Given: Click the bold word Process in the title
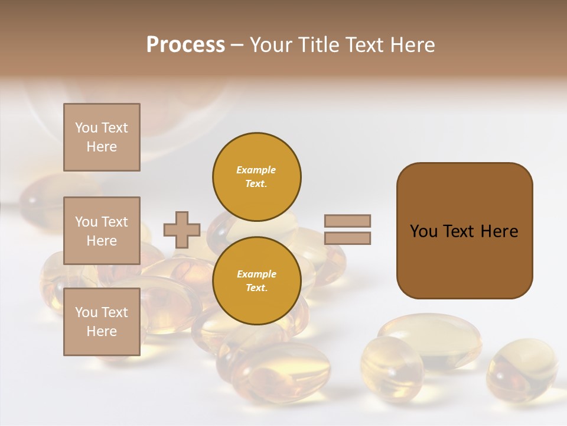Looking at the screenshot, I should (x=185, y=45).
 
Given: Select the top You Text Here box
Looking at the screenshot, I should (x=102, y=137).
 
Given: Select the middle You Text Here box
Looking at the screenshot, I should (x=102, y=231).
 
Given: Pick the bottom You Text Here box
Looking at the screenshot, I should (x=102, y=322).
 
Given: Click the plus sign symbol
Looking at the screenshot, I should (x=182, y=230).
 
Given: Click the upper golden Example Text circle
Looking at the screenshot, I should (x=257, y=176).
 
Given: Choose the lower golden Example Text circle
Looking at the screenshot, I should (x=257, y=280).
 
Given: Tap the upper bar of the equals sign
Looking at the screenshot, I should (x=347, y=221).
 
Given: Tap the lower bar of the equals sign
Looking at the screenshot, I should (x=347, y=238).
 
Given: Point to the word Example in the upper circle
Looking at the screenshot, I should (x=256, y=170).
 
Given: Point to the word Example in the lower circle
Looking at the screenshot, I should (x=256, y=274).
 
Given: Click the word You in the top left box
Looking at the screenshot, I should (x=86, y=128).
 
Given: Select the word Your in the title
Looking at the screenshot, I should (x=272, y=45).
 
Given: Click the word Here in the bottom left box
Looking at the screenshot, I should (x=102, y=331).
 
